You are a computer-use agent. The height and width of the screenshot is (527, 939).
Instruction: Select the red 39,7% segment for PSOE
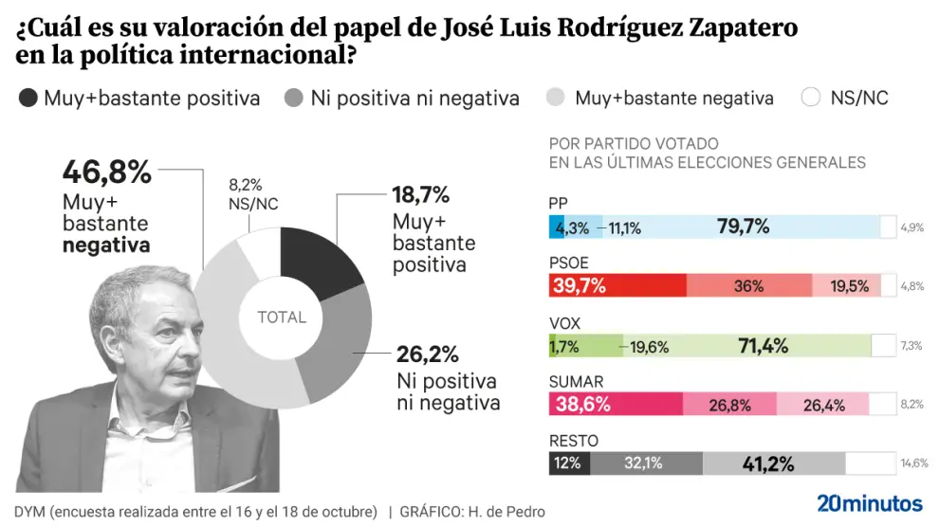pyautogui.click(x=617, y=286)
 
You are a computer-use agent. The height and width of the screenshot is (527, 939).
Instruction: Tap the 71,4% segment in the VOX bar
pyautogui.click(x=762, y=346)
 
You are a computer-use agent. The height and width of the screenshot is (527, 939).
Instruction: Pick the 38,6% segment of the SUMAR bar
pyautogui.click(x=616, y=405)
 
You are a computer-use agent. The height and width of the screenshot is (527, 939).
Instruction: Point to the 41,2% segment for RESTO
pyautogui.click(x=773, y=463)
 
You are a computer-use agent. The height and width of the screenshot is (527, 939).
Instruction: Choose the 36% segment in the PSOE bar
pyautogui.click(x=748, y=286)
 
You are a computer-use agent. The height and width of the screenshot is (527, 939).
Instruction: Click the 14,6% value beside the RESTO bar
pyautogui.click(x=914, y=463)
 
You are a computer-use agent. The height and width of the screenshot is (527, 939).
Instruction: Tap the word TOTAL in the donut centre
pyautogui.click(x=282, y=318)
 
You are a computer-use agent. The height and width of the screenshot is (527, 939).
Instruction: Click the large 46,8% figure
pyautogui.click(x=107, y=173)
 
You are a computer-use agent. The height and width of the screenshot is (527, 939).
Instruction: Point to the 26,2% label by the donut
pyautogui.click(x=428, y=354)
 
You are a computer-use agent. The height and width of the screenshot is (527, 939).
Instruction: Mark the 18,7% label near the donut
pyautogui.click(x=420, y=196)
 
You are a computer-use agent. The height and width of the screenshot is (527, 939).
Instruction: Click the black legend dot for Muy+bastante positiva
pyautogui.click(x=28, y=98)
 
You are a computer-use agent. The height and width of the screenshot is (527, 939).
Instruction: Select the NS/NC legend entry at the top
pyautogui.click(x=844, y=98)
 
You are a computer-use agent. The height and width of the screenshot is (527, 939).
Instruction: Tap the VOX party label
pyautogui.click(x=565, y=322)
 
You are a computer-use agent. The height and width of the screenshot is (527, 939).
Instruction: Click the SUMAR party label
pyautogui.click(x=577, y=381)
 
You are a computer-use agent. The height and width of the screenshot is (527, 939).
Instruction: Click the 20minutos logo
pyautogui.click(x=870, y=503)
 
